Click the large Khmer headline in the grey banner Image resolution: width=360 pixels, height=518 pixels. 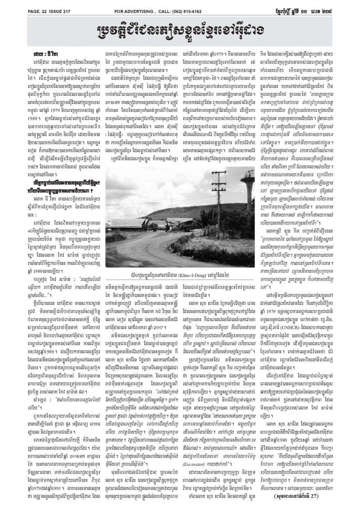coord(180,30)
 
